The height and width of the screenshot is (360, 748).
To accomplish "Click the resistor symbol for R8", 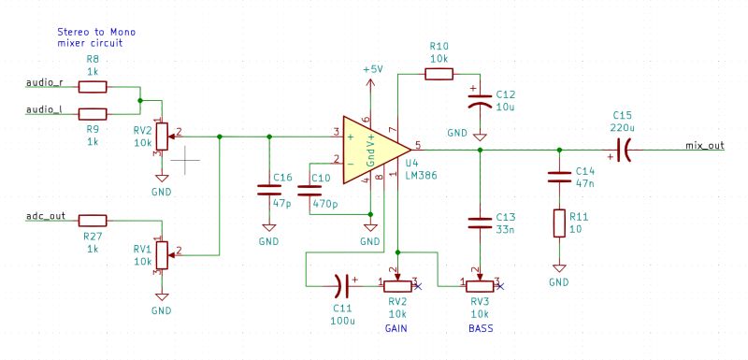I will point(93,87).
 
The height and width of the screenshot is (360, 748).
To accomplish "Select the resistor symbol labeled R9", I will point(93,113).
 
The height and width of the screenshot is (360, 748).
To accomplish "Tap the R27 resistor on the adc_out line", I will point(93,221).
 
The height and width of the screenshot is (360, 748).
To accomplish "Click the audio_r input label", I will point(43,82).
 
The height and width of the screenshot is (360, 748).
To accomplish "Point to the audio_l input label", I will point(43,109).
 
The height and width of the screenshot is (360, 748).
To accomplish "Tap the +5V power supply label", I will point(372,70).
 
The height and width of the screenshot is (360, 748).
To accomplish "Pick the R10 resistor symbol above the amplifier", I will point(439,73).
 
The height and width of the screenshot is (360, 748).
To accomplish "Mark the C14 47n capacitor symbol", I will point(559,177).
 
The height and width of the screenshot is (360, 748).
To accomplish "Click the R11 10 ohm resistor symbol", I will point(559,223).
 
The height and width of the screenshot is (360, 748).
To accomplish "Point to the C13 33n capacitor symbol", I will point(480,222).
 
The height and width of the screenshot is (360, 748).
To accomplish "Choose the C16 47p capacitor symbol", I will point(269,191).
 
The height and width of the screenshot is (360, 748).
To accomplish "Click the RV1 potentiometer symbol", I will point(161,252).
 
